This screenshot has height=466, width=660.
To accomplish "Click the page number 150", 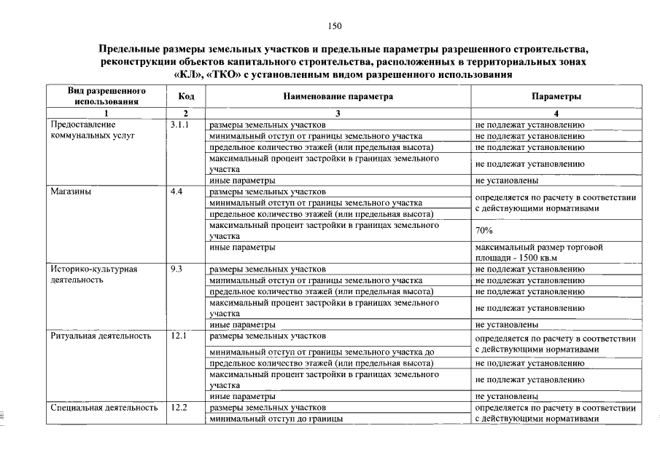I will pos(335,26).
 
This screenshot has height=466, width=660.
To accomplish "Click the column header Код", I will pos(186,97).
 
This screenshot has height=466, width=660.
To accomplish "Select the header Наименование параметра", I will pos(338,97).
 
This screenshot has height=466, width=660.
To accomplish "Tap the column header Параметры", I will pos(556,97).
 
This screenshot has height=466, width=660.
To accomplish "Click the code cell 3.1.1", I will pos(179,125).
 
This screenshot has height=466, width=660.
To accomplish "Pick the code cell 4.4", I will pos(176,192).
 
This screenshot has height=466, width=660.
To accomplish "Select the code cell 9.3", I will pos(176,269).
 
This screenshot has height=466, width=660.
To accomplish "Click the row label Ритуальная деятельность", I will pos(101,336).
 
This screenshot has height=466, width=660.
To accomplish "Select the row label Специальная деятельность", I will pos(104,408).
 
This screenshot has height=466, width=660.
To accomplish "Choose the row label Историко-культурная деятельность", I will pos(93,275).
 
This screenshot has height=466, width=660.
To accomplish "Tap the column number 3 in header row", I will pos(338,114).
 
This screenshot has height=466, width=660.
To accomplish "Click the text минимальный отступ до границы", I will pos(276,419).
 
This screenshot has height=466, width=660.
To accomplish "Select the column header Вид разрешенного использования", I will pos(106,97).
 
